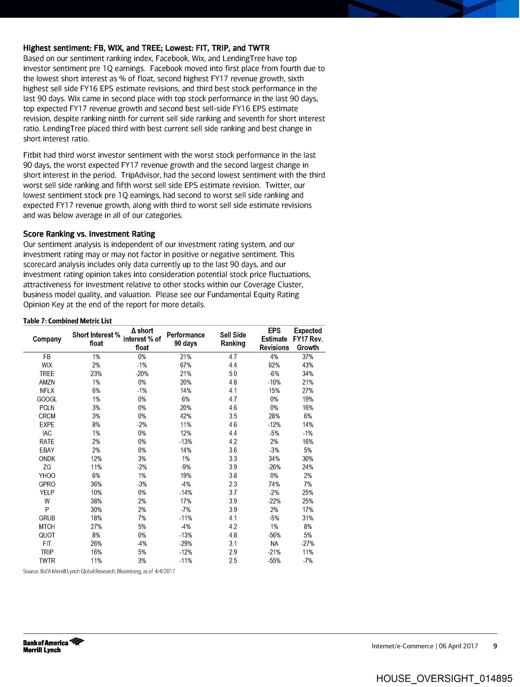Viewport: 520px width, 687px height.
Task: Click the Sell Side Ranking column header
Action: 233,339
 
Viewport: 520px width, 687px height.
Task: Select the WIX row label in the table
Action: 47,365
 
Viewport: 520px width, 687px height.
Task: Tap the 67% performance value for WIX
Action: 186,365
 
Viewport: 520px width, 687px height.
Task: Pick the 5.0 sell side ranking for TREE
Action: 233,374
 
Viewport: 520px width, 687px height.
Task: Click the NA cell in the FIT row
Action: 274,544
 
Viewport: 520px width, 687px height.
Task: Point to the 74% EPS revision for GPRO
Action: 274,484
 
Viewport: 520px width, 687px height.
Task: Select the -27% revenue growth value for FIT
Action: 308,544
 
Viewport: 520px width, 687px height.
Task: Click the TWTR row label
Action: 47,561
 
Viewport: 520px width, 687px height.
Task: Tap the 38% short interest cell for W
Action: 96,501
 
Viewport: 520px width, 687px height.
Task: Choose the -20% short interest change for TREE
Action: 142,374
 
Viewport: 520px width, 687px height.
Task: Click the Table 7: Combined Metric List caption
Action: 68,321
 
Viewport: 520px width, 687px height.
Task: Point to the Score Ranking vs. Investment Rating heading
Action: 89,234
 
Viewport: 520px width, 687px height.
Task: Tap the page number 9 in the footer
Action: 495,646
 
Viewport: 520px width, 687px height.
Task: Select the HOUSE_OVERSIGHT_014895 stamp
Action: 444,678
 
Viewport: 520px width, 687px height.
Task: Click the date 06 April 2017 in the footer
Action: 458,646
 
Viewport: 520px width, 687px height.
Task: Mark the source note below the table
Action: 99,571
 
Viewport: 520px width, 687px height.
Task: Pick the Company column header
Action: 47,339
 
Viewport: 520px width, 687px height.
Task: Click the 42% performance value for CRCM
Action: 186,416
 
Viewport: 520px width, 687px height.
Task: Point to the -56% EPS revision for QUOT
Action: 274,535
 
